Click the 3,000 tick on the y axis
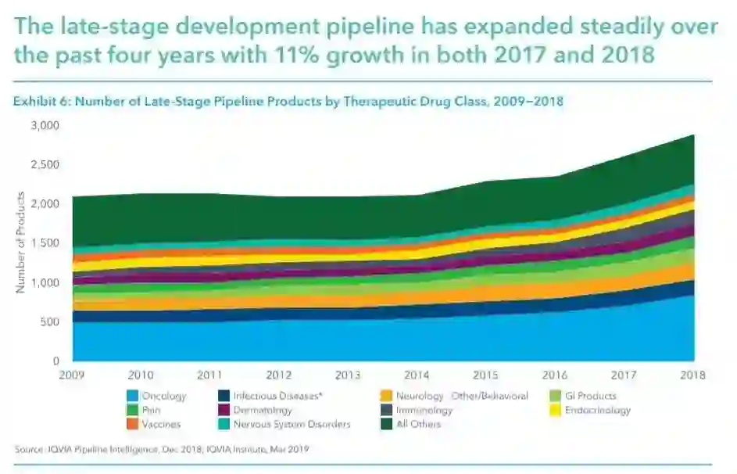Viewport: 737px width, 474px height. (x=45, y=125)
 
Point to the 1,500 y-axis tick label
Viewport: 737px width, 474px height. (x=45, y=243)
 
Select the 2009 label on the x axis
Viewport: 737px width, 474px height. (x=73, y=375)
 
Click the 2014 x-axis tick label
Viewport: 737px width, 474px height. (x=417, y=375)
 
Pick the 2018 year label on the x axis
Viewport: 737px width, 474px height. (x=693, y=375)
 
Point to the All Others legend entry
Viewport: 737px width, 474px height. (x=419, y=425)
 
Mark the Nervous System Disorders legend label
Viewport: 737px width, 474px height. (x=292, y=425)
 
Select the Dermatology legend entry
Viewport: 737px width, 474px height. (x=263, y=411)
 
